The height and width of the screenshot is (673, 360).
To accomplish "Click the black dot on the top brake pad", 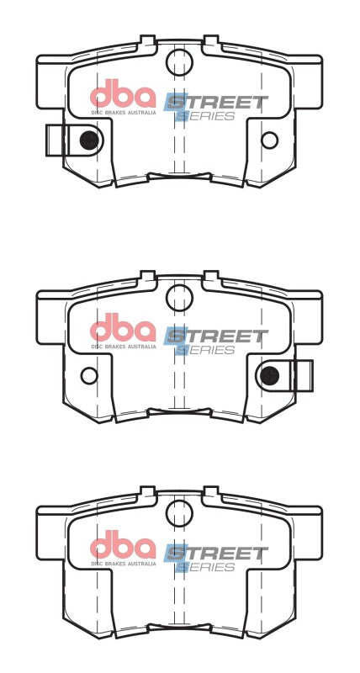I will pos(87,140).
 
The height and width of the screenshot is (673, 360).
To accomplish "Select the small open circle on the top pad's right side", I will pos(269,140).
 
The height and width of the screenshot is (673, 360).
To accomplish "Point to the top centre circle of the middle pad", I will pos(179,295).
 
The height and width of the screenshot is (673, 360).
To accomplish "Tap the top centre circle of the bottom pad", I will pos(179,512).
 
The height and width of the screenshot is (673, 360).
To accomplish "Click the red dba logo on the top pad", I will pos(123,93).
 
